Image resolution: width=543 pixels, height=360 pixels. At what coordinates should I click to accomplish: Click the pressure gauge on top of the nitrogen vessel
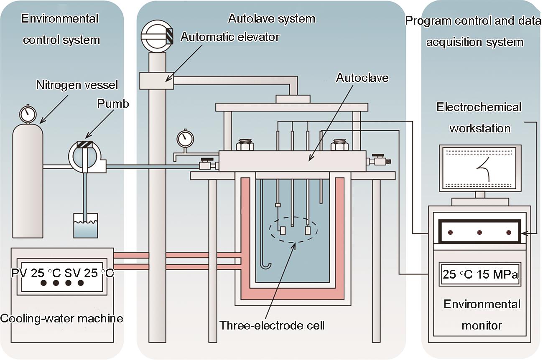point(28,114)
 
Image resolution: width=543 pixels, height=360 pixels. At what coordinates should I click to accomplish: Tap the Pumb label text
point(113,104)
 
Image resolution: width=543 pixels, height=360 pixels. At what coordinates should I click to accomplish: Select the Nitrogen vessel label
point(77,85)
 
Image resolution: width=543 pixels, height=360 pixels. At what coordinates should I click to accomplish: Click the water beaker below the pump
point(86,225)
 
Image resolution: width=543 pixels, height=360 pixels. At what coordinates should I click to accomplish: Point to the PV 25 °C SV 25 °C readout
point(62,273)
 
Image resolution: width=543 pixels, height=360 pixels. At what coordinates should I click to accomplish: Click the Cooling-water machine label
point(61,318)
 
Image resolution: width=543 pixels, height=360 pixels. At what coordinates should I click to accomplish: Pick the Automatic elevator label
point(230,37)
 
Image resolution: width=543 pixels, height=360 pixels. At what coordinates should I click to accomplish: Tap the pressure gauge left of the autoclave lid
point(186,139)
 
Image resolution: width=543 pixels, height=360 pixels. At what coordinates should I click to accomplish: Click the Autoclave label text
point(362,78)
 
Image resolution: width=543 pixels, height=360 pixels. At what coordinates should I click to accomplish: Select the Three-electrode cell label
point(272,325)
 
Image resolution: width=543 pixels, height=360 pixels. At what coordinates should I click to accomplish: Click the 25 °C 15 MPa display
point(480,274)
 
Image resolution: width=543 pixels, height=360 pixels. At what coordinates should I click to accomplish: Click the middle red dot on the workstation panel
point(479,233)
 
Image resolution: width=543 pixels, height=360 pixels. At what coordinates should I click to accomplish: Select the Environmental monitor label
point(482,315)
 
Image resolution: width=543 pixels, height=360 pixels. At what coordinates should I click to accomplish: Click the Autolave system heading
point(272,19)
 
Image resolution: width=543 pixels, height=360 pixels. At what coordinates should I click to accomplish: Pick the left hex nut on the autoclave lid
point(245,145)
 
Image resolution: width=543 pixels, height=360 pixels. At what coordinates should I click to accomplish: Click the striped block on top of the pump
point(85,144)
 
